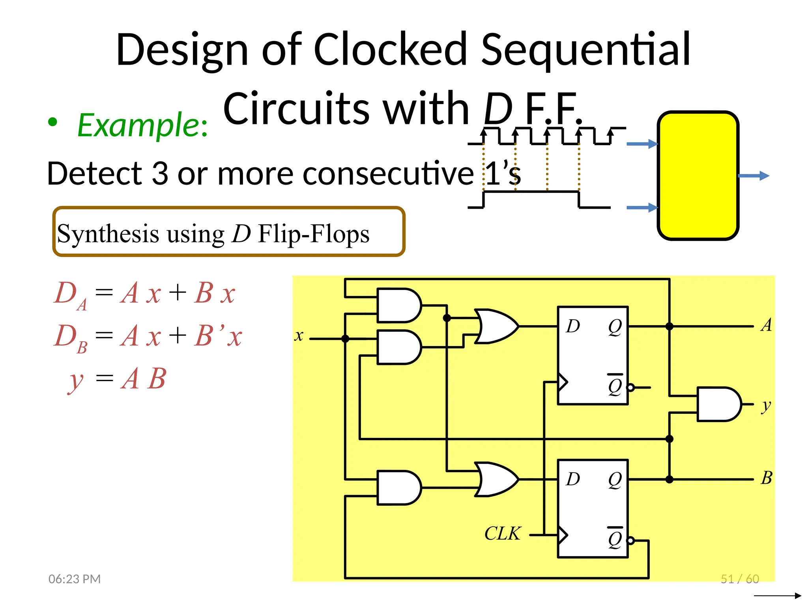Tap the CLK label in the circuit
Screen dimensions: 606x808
[502, 533]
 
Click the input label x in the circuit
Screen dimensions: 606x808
[299, 336]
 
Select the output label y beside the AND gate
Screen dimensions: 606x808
[766, 405]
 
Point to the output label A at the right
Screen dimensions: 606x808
[766, 325]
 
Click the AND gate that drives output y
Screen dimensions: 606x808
[718, 404]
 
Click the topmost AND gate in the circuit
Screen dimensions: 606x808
[398, 305]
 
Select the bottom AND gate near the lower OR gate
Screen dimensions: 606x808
[398, 488]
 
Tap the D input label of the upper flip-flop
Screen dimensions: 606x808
[573, 326]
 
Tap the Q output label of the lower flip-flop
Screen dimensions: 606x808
[615, 479]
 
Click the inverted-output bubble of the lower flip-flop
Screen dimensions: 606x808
[630, 541]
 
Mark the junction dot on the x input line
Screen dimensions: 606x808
[345, 339]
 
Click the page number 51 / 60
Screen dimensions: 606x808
[740, 579]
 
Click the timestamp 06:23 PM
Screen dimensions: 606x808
[75, 579]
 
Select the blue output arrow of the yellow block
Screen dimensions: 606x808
[754, 176]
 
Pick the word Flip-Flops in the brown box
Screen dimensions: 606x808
[314, 234]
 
